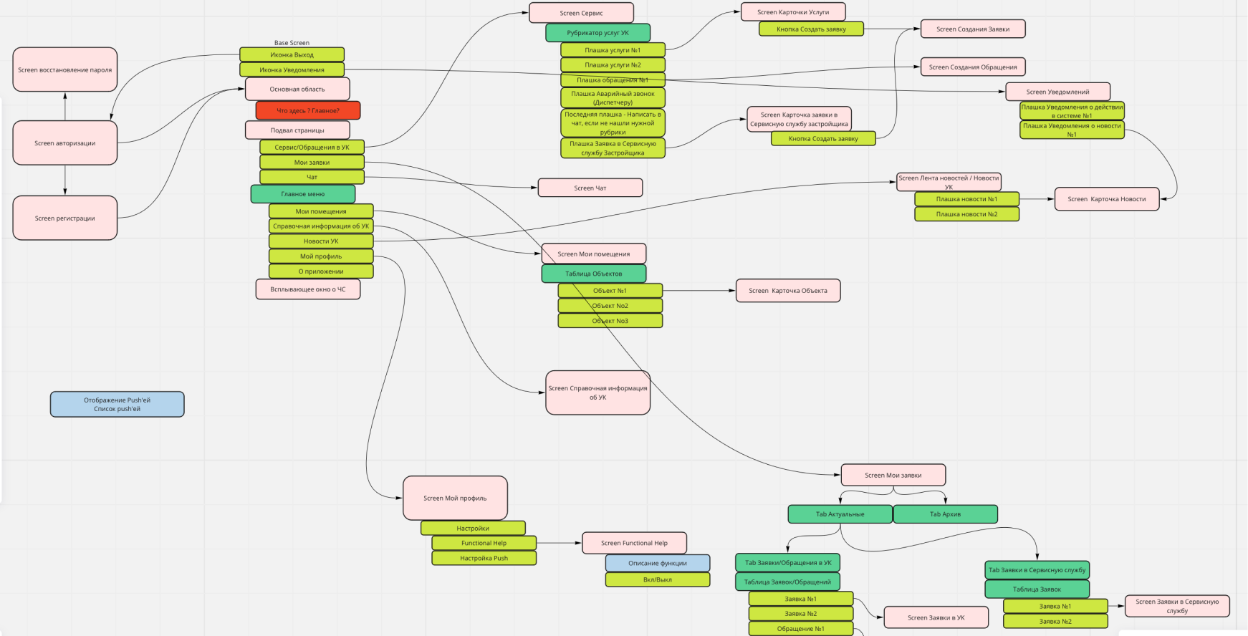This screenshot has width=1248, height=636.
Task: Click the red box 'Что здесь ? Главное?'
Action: coord(308,110)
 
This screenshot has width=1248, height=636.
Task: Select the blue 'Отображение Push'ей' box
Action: coord(117,404)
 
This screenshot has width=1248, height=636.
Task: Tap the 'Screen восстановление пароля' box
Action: coord(64,69)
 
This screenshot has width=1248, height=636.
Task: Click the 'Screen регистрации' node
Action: coord(64,218)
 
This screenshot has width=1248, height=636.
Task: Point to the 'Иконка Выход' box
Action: coord(292,54)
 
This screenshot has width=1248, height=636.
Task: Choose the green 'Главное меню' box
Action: coord(302,194)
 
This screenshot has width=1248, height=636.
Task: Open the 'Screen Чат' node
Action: coord(590,188)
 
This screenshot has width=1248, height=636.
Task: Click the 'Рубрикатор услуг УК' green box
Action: coord(597,33)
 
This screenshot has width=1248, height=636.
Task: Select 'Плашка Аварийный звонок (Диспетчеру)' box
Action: coord(613,97)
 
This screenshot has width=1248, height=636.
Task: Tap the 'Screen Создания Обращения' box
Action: coord(972,67)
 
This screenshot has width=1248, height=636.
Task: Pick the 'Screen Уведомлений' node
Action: coord(1057,92)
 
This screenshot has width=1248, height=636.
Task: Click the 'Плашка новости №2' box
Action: coord(966,214)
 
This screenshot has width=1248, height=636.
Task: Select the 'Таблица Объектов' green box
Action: coord(593,274)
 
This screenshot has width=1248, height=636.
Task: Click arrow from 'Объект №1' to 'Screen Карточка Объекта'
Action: coord(699,291)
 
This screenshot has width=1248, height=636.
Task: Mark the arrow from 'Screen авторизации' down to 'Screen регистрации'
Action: coord(65,180)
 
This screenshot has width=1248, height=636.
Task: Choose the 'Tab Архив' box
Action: coord(945,514)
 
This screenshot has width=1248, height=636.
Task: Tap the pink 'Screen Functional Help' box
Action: coord(634,543)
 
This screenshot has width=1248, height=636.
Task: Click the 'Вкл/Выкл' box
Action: coord(657,579)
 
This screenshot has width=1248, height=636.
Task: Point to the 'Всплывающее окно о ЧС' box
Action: coord(307,289)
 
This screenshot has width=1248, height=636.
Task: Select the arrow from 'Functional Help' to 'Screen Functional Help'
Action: coord(559,543)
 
